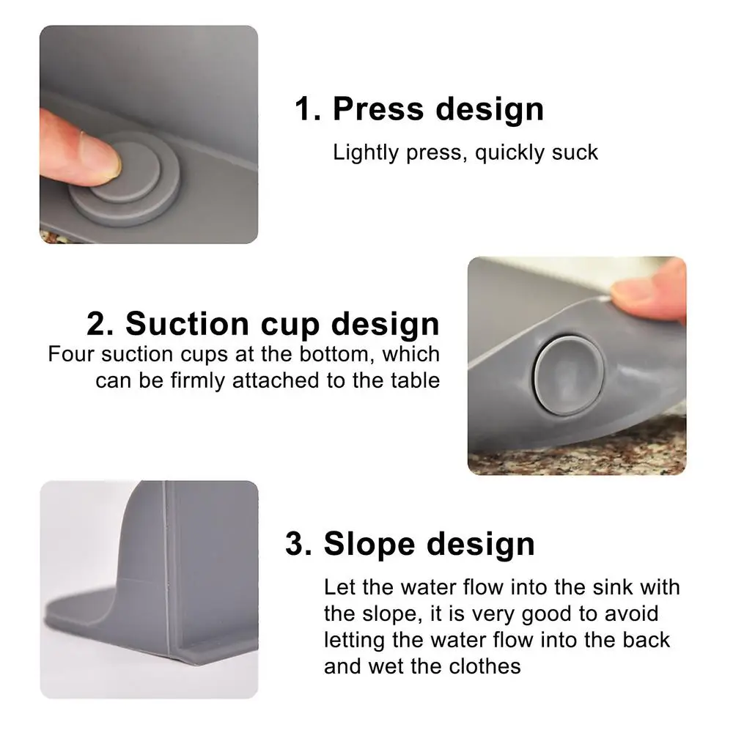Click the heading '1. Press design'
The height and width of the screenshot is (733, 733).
tap(419, 109)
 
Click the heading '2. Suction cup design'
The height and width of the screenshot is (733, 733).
tap(263, 323)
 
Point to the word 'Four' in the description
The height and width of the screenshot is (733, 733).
tap(70, 354)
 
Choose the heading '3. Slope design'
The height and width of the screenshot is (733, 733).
tap(410, 545)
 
